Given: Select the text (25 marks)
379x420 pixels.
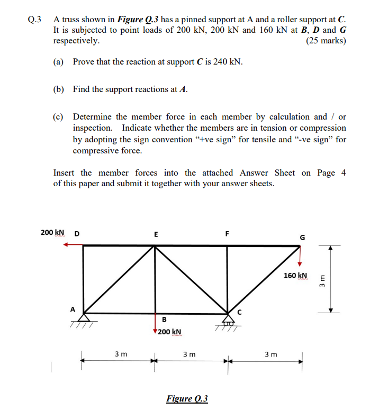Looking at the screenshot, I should pyautogui.click(x=326, y=41).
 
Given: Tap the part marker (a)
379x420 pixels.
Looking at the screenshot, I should pyautogui.click(x=58, y=62).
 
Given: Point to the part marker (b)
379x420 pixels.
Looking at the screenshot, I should pyautogui.click(x=59, y=89).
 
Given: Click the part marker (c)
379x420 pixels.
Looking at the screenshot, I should pyautogui.click(x=58, y=116).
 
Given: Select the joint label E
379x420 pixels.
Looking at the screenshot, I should pyautogui.click(x=155, y=233).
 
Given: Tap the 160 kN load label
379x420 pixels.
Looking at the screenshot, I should pyautogui.click(x=295, y=276).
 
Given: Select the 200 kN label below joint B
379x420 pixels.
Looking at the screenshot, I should pyautogui.click(x=170, y=332).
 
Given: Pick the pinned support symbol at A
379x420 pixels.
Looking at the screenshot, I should pyautogui.click(x=83, y=318).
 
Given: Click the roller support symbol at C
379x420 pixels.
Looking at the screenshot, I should pyautogui.click(x=228, y=319).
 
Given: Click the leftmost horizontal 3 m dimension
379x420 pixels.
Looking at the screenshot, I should pyautogui.click(x=120, y=354).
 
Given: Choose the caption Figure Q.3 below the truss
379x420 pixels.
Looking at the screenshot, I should pyautogui.click(x=187, y=398).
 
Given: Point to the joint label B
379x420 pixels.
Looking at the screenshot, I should pyautogui.click(x=164, y=319).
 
